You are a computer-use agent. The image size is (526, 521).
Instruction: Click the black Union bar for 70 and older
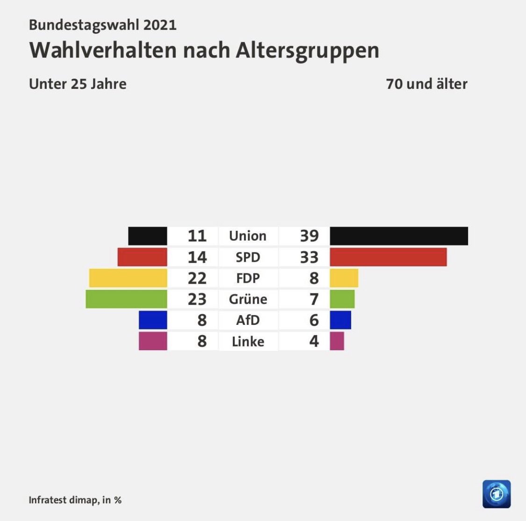[x=398, y=236]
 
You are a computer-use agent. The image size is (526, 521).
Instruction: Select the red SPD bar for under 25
[x=142, y=257]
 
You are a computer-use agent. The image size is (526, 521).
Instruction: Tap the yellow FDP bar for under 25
[x=128, y=278]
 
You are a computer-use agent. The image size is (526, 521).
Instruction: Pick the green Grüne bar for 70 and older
[x=342, y=299]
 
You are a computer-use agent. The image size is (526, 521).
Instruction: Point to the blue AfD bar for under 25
[x=153, y=320]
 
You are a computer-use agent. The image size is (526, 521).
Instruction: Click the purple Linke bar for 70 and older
[x=337, y=341]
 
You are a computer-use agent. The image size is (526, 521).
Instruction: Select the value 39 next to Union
[x=309, y=236]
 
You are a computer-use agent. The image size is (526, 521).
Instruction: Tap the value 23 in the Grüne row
[x=197, y=299]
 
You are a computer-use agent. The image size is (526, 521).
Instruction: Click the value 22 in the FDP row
[x=197, y=278]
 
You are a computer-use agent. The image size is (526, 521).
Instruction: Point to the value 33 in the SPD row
[x=309, y=257]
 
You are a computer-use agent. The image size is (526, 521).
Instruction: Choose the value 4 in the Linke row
[x=314, y=341]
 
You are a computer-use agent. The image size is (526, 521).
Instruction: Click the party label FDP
[x=248, y=278]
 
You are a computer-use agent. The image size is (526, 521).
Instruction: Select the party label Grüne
[x=248, y=299]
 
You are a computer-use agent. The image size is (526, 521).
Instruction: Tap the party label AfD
[x=248, y=320]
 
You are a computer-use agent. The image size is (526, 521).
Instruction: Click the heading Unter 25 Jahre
[x=78, y=84]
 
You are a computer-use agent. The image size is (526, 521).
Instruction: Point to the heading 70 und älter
[x=426, y=84]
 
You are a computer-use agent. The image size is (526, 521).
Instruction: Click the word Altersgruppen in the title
[x=307, y=51]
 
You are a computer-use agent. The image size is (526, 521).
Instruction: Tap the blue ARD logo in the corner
[x=497, y=494]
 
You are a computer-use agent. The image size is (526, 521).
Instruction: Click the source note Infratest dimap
[x=64, y=500]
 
